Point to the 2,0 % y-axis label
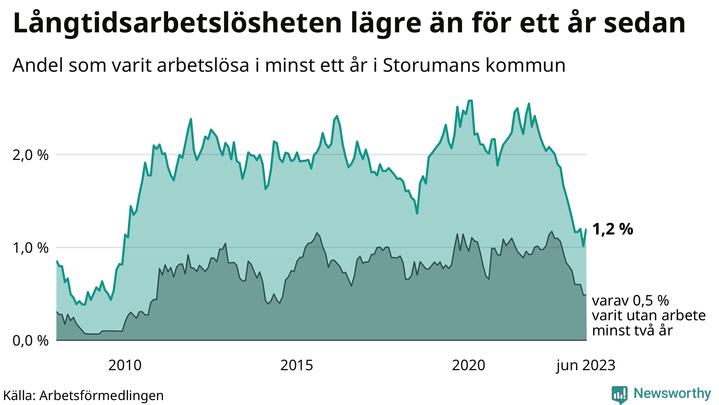(31, 155)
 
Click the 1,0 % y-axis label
(31, 248)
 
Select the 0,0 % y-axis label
(31, 341)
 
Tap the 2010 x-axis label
(125, 366)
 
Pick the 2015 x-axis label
(297, 366)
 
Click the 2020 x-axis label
(468, 366)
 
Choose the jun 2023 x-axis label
(586, 366)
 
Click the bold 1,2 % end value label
(613, 230)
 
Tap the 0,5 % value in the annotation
(651, 301)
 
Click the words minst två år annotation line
(632, 331)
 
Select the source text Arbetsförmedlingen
(101, 396)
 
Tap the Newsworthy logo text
(672, 393)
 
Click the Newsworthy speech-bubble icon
(620, 394)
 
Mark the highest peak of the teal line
(470, 101)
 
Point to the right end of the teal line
(586, 230)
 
